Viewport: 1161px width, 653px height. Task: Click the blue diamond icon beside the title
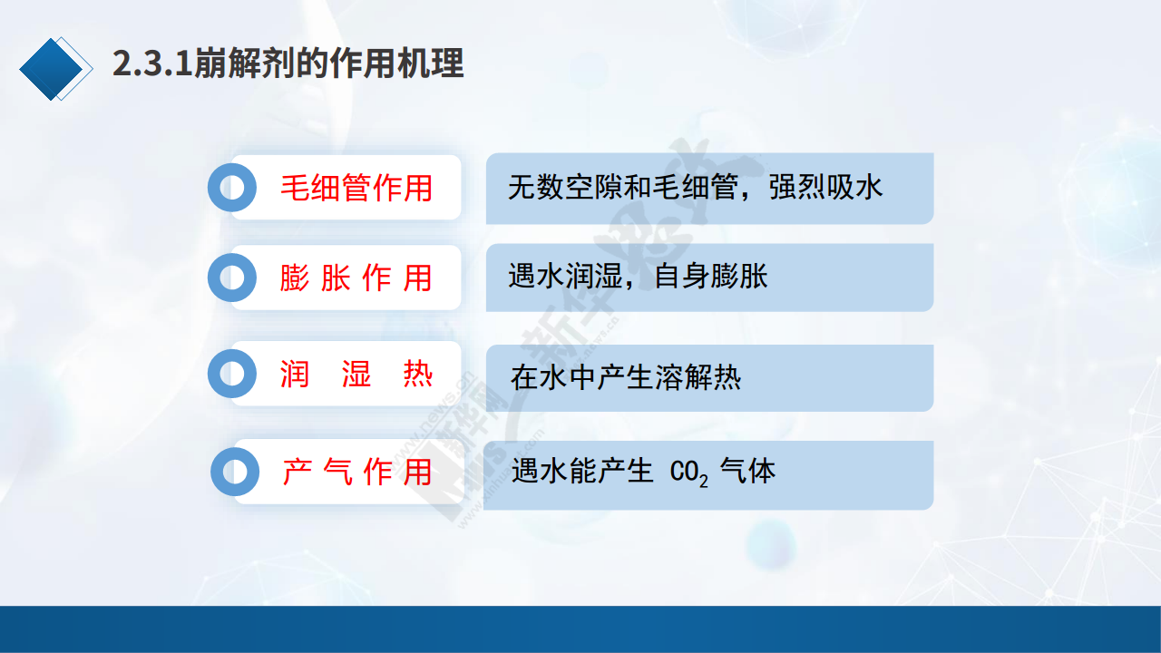[51, 69]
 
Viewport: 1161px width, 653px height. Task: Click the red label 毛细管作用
[356, 188]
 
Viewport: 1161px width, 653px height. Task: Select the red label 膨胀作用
[356, 278]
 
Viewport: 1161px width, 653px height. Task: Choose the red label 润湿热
[356, 374]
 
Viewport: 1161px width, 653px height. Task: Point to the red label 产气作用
[357, 472]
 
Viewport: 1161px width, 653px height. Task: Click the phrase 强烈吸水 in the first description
[825, 187]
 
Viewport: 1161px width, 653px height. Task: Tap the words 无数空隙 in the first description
[565, 187]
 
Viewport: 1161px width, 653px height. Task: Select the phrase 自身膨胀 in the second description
[710, 276]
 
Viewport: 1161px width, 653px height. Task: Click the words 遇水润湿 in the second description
[565, 276]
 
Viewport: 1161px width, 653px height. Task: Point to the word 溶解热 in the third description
[698, 376]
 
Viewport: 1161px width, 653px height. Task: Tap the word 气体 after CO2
[747, 471]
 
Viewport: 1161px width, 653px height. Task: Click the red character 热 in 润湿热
[418, 374]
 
